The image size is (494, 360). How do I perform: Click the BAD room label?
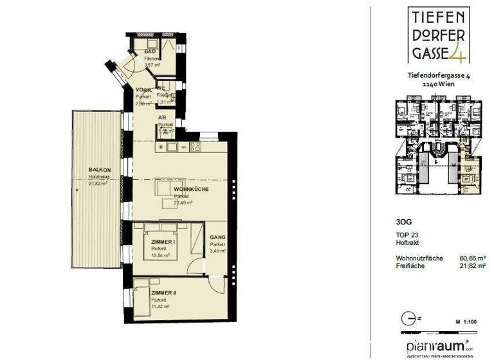150,51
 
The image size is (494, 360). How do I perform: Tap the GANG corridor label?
217,237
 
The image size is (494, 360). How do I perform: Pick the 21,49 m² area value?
183,203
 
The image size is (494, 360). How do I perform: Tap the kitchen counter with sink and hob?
179,147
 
